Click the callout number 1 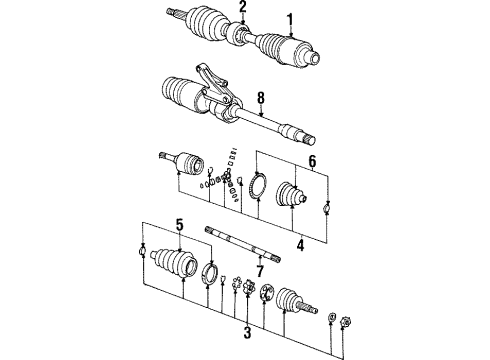[x=291, y=18]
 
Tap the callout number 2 [x=241, y=9]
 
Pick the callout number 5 [x=179, y=224]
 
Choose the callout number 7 [x=258, y=271]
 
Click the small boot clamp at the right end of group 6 [x=327, y=208]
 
